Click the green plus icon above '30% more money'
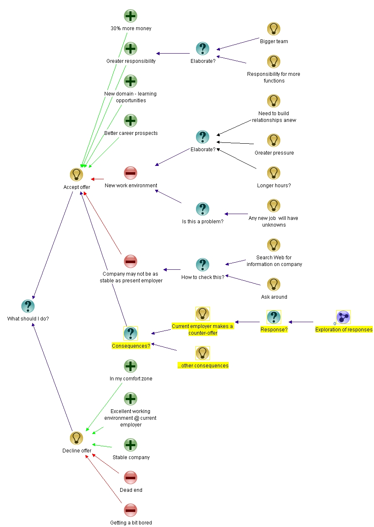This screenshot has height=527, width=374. (x=131, y=16)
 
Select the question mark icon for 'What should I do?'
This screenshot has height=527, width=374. (x=28, y=306)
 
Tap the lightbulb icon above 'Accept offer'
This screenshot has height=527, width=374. (x=76, y=175)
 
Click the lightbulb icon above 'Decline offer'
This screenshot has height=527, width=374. (x=76, y=438)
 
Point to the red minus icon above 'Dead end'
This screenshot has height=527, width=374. (x=131, y=478)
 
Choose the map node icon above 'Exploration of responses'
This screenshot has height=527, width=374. (x=343, y=317)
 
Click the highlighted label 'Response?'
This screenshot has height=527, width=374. (x=274, y=330)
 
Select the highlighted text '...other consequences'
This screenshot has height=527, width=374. (x=203, y=366)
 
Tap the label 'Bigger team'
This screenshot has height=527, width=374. (x=274, y=41)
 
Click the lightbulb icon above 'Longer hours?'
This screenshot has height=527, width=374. (x=273, y=173)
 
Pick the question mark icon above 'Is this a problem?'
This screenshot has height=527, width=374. (x=202, y=209)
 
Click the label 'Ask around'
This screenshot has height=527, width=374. (x=274, y=297)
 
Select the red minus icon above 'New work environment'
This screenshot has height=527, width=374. (x=131, y=173)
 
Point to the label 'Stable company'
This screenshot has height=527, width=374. (x=131, y=457)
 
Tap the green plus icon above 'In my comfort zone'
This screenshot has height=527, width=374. (x=131, y=366)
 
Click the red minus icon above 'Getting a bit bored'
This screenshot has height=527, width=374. (x=131, y=510)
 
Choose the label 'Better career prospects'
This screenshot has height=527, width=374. (x=131, y=133)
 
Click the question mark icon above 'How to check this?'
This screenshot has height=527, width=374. (x=202, y=265)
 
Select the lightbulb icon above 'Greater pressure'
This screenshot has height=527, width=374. (x=273, y=140)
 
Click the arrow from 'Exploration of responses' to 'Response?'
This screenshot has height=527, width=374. (x=302, y=322)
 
